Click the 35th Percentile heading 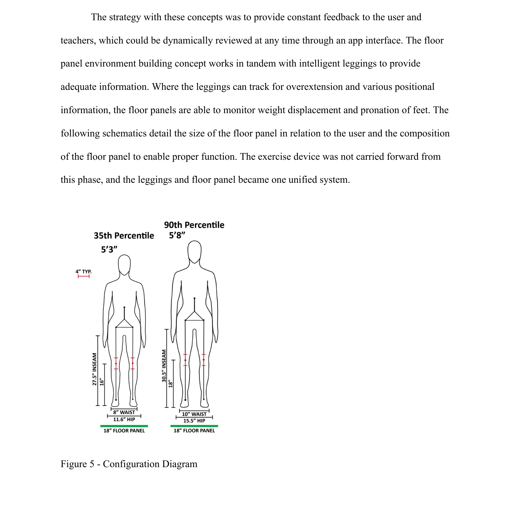[x=124, y=236]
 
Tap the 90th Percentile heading [x=194, y=225]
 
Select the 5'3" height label [x=109, y=249]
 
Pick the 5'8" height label [x=177, y=235]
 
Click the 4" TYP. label [x=84, y=271]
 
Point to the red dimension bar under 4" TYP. [x=84, y=277]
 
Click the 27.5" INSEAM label [x=95, y=369]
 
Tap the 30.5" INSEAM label [x=164, y=366]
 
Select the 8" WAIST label [x=124, y=412]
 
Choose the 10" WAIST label [x=194, y=414]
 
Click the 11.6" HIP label [x=124, y=419]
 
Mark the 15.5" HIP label [x=194, y=421]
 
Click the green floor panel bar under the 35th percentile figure [x=124, y=426]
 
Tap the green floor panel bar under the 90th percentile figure [x=194, y=426]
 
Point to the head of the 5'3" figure [x=124, y=264]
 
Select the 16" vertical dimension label [x=102, y=382]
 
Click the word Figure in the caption [x=73, y=464]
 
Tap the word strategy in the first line [x=125, y=17]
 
